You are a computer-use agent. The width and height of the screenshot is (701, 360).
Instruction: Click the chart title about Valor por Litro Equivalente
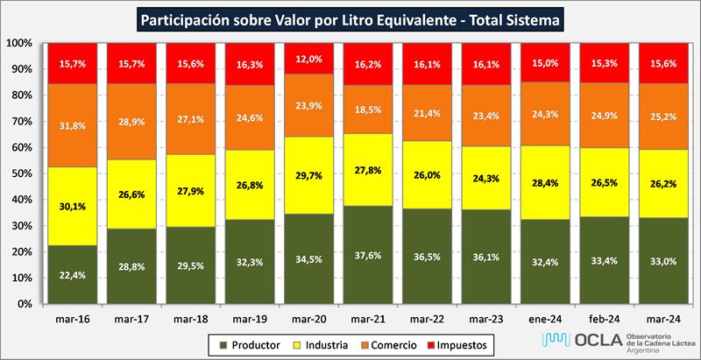[x=350, y=18]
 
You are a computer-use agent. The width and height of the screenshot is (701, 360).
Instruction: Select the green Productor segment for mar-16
[x=72, y=273]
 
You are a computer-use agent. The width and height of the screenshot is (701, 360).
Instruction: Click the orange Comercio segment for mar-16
[x=72, y=125]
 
